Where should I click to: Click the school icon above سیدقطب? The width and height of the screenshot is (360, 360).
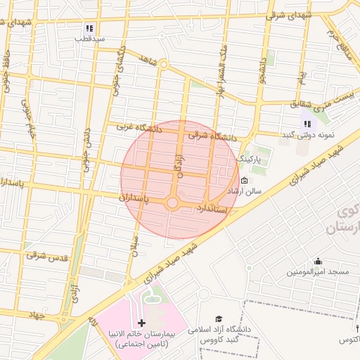click(89, 28)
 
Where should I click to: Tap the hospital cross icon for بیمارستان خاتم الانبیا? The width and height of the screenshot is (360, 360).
click(143, 323)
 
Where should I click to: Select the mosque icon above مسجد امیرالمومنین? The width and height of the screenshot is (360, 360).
click(318, 261)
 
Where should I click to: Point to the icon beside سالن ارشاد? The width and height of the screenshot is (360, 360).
click(244, 180)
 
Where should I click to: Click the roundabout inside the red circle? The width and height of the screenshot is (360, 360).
click(172, 203)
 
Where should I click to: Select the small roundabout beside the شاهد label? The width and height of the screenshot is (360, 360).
click(163, 65)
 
